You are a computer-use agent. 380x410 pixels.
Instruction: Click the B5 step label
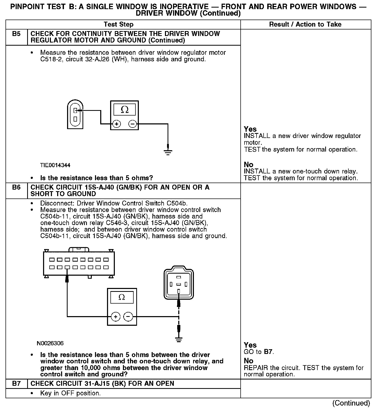click(x=16, y=34)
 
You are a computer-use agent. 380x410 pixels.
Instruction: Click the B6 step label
click(x=16, y=188)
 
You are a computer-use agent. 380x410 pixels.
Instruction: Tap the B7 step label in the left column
click(x=16, y=383)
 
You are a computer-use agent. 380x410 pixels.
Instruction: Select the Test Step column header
click(x=118, y=25)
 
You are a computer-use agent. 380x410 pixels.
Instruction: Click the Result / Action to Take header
click(x=305, y=25)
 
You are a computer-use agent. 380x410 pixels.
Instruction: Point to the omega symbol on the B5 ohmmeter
click(x=125, y=110)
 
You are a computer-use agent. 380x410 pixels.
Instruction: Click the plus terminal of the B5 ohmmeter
click(x=116, y=124)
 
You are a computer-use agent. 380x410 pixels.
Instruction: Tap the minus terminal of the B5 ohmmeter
click(x=133, y=124)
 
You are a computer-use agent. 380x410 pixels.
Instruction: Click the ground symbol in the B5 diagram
click(x=168, y=152)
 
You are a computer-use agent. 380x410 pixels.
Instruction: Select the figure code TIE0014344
click(x=55, y=165)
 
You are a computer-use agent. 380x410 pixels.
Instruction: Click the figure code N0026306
click(x=50, y=343)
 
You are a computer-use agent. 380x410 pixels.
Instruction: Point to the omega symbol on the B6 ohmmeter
click(x=122, y=297)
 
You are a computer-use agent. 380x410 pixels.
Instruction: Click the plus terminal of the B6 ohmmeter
click(x=115, y=317)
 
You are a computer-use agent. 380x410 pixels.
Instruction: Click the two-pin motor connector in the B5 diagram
click(x=75, y=114)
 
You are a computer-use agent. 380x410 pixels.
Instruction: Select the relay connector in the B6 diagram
click(x=179, y=284)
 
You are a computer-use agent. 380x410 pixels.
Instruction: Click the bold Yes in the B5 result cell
click(x=250, y=129)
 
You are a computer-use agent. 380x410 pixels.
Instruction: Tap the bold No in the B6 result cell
click(x=248, y=361)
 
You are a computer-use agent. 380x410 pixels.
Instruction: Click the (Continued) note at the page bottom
click(x=351, y=403)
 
